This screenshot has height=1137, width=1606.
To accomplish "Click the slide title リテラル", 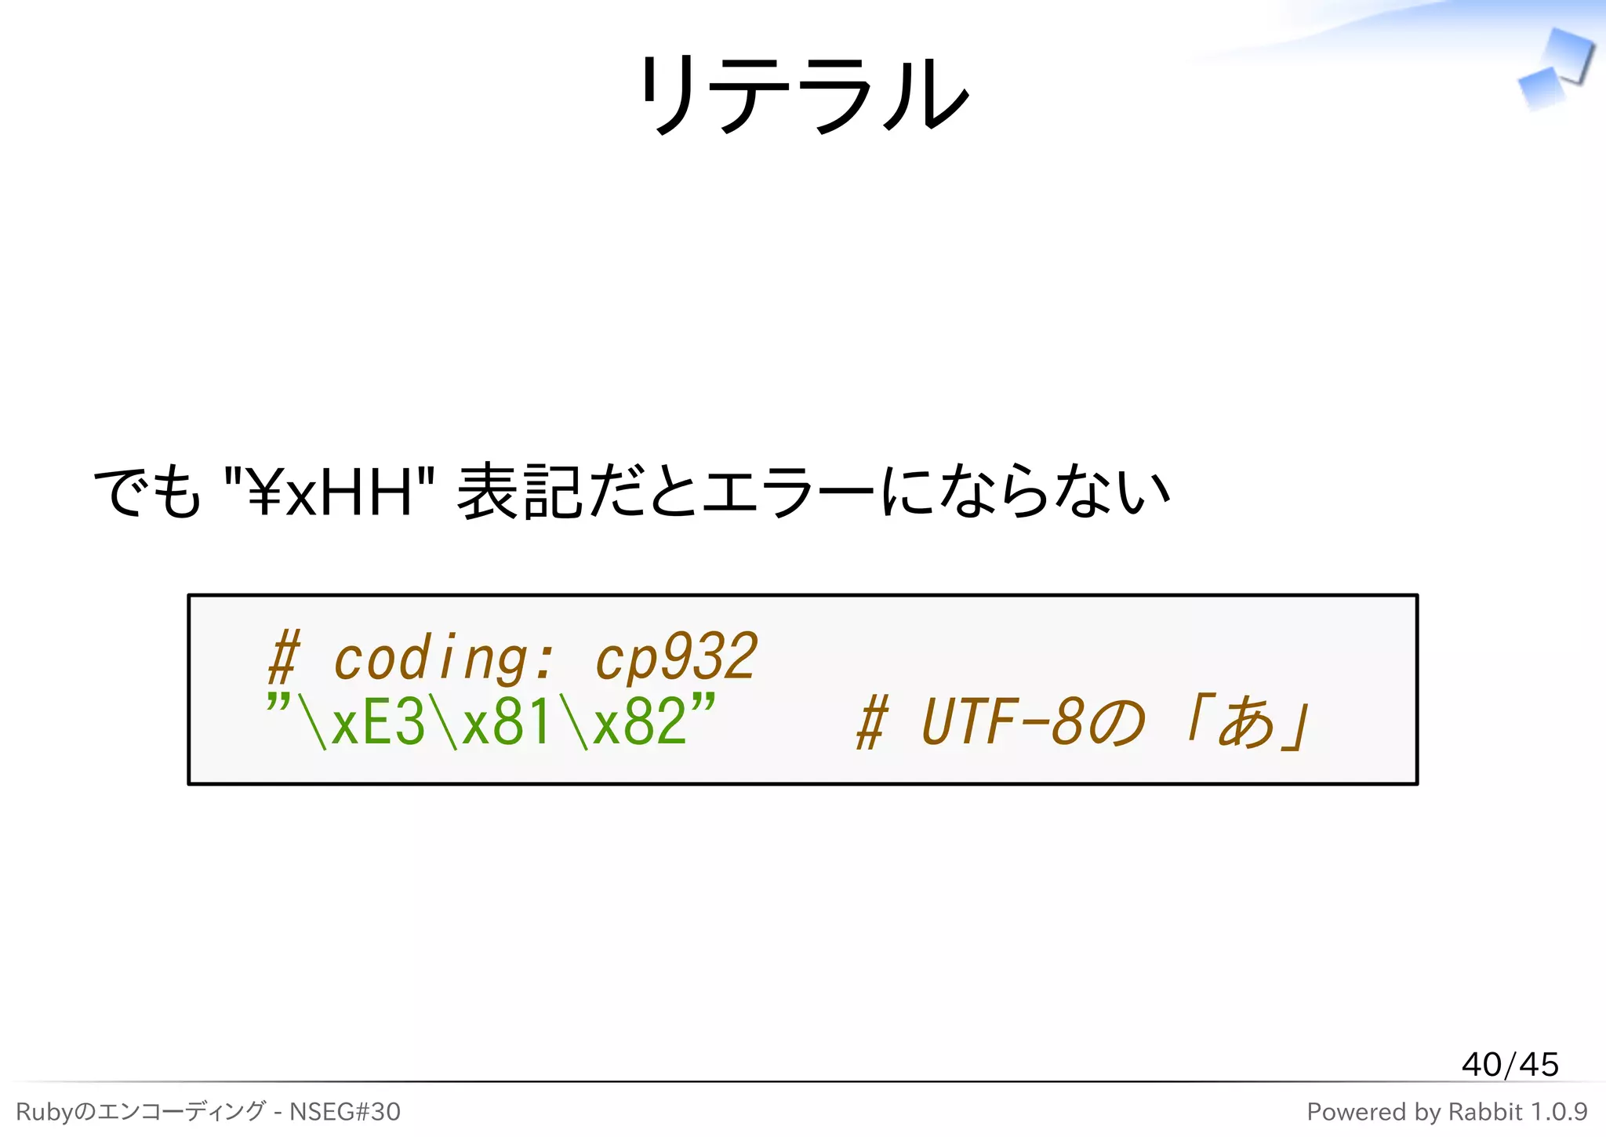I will pos(803,94).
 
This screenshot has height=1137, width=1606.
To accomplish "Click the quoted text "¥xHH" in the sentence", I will pos(329,492).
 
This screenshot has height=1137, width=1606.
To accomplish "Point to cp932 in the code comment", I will pos(676,657).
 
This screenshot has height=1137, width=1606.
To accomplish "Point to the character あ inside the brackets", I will pos(1247,722).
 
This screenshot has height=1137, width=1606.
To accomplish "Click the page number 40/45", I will pos(1510,1064).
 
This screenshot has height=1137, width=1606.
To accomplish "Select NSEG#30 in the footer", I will pos(345,1111).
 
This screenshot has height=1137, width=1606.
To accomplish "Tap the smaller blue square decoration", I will pos(1541,88).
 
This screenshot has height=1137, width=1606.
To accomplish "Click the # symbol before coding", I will pos(284,659).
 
